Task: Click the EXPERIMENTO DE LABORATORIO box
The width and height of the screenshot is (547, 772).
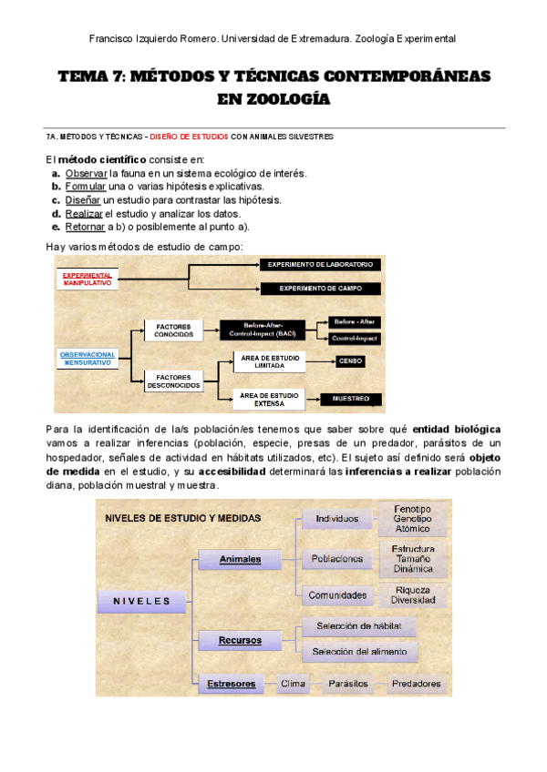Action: pos(320,264)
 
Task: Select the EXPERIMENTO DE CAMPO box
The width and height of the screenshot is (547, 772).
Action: pos(320,288)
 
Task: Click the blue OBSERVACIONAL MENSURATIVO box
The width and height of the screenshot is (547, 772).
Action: pos(88,357)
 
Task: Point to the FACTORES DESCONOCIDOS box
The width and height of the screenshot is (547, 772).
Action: pos(173,381)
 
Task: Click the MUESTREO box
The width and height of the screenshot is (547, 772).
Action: pos(351,399)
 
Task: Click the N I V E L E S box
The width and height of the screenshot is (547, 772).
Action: pos(142,600)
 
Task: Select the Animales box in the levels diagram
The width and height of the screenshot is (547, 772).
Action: pos(242,559)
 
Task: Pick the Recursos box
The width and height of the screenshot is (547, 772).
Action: pos(240,640)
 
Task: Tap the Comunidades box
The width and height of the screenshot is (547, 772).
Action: pos(337,595)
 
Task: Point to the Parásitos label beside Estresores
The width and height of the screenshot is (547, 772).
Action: pos(348,683)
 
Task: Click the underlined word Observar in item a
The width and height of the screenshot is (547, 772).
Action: pos(87,173)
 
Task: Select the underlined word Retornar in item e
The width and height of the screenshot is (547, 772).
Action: pos(86,227)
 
